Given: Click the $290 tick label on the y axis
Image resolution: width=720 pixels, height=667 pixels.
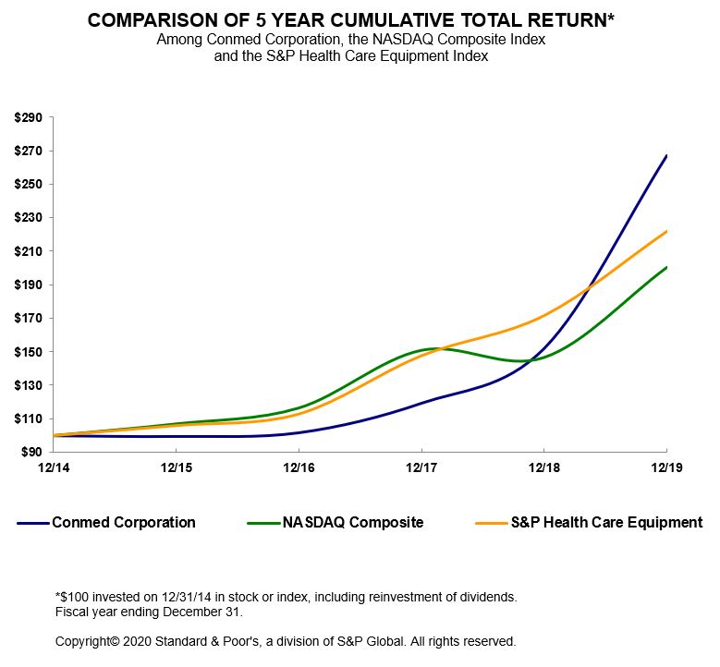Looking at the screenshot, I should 28,117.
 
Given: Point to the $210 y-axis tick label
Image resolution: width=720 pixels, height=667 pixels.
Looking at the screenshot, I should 28,251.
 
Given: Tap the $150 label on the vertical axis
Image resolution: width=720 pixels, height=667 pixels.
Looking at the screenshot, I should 28,352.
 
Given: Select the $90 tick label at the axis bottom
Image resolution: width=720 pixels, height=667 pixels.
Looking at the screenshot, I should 31,452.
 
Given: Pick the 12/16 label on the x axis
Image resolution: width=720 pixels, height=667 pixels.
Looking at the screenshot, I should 299,469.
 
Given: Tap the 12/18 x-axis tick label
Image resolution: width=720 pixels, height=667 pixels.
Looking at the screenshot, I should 543,469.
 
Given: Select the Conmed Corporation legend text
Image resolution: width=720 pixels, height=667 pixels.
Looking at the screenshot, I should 124,523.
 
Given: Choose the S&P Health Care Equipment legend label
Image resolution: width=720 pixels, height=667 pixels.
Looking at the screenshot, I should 606,523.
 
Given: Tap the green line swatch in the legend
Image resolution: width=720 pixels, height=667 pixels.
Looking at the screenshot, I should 265,524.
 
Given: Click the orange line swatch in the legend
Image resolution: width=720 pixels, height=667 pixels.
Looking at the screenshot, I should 491,524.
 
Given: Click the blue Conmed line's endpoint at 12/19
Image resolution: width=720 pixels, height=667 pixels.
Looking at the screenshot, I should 666,155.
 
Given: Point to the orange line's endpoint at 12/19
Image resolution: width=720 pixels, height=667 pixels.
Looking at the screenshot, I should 666,231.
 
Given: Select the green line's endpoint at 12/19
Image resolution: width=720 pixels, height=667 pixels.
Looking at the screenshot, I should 666,267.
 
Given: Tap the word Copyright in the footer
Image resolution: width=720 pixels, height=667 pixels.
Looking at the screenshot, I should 86,640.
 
